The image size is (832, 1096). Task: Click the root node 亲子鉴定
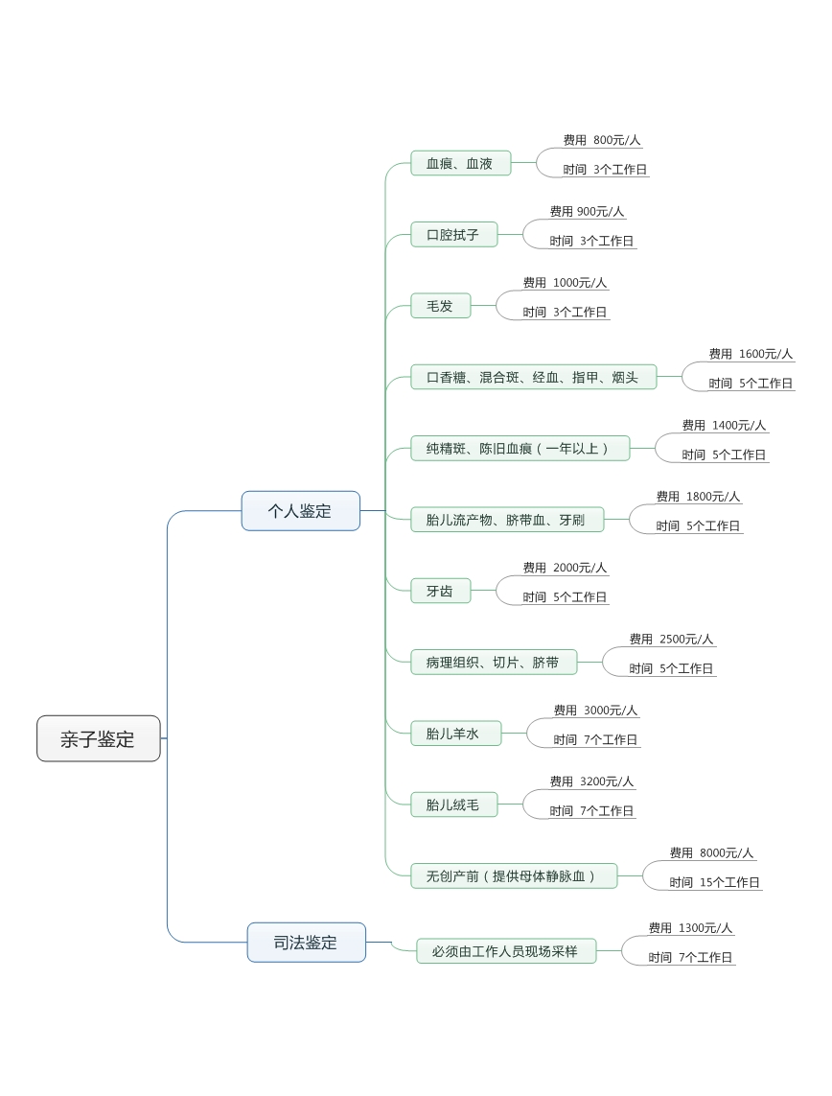tap(98, 738)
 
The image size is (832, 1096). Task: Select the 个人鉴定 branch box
tap(300, 511)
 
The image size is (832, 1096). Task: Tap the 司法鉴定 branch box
tap(306, 943)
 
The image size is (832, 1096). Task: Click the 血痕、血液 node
tap(460, 164)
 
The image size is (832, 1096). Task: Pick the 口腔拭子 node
tap(453, 235)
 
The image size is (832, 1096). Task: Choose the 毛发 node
tap(440, 306)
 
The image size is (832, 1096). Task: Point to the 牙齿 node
tap(440, 591)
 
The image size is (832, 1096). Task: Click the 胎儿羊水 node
tap(455, 734)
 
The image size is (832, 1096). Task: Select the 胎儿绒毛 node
tap(453, 805)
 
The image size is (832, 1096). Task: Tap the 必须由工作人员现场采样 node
tap(505, 951)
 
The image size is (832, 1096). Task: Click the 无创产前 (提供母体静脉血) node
tap(513, 875)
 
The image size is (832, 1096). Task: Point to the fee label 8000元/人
tap(711, 852)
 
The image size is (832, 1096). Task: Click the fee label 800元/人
tap(602, 140)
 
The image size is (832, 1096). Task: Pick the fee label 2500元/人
tap(671, 639)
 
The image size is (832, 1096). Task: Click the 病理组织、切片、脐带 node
tap(493, 662)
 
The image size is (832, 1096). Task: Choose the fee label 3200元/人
tap(591, 781)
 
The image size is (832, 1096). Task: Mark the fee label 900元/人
tap(587, 211)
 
